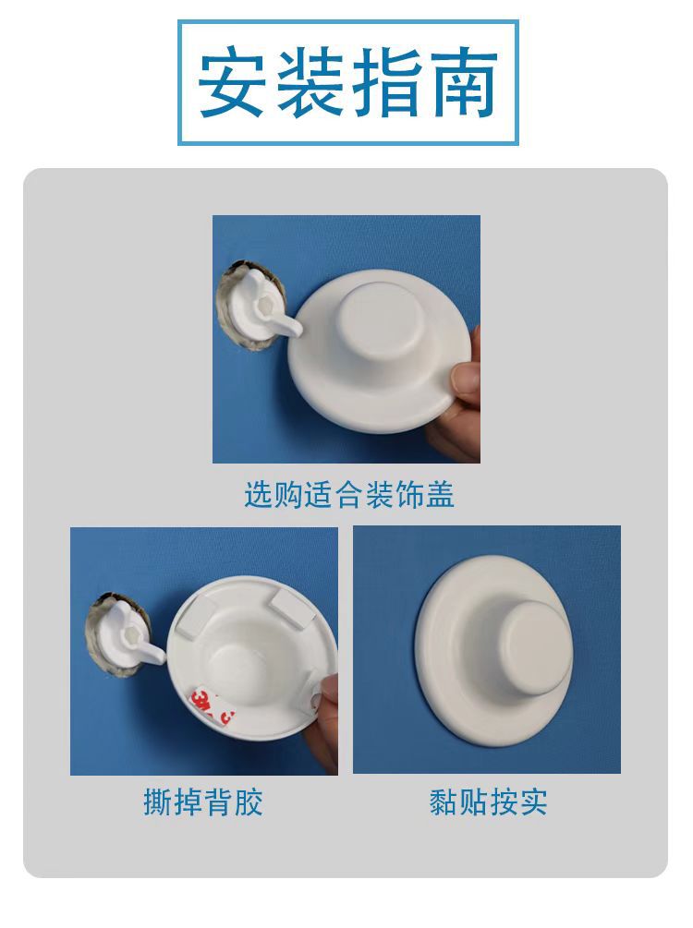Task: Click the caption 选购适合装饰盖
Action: tap(348, 496)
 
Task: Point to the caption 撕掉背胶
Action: tap(203, 801)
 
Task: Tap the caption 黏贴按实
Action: tap(488, 801)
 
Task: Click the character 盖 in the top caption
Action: tap(441, 496)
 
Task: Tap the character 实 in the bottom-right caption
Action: tap(533, 801)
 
